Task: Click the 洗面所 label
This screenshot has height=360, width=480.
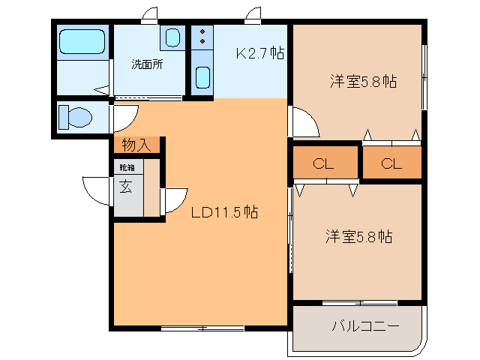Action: [147, 64]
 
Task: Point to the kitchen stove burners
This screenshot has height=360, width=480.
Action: [202, 38]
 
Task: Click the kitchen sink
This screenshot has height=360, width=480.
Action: [202, 77]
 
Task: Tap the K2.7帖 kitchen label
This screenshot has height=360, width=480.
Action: [259, 53]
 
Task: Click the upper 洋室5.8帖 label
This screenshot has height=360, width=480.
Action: [363, 82]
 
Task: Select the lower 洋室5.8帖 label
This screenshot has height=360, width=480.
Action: [358, 236]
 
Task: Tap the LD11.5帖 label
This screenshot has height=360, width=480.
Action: [224, 212]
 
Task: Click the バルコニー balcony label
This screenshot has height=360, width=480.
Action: [365, 326]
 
